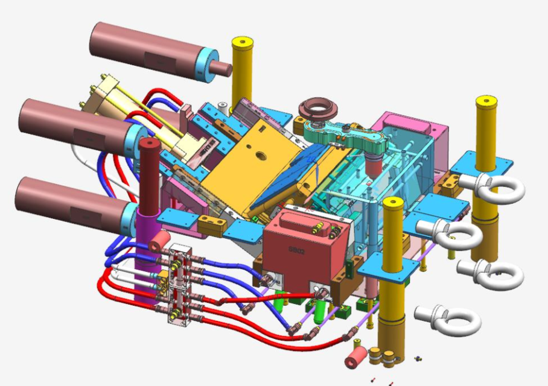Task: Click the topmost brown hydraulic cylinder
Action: pos(145,48)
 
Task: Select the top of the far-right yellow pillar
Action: pos(486,101)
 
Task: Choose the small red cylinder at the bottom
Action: pos(355,357)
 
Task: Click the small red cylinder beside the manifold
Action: pos(159,242)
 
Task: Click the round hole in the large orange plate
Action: pos(261,155)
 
